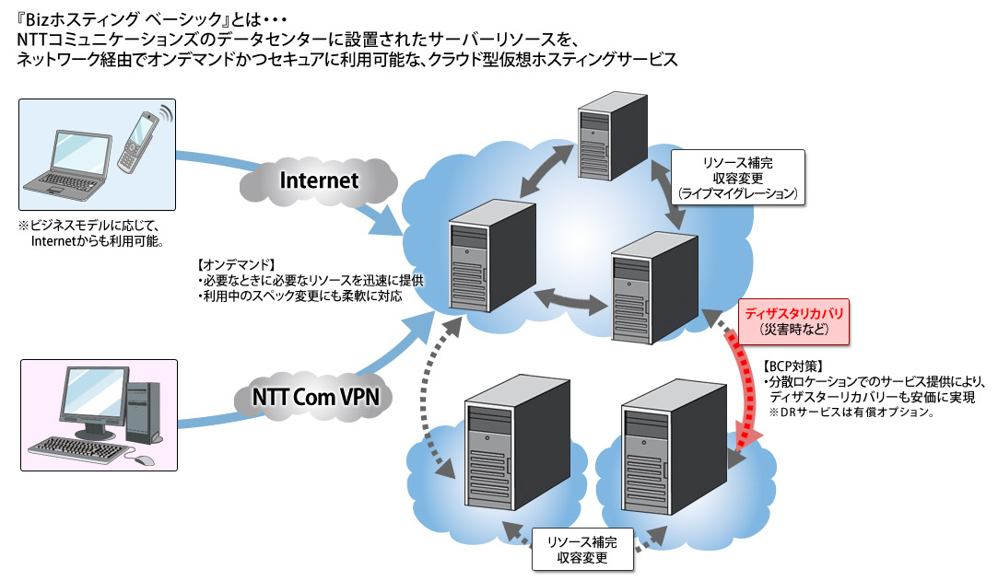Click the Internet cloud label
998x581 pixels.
(319, 180)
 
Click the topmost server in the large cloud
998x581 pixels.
(610, 139)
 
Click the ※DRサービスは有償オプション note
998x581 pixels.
(845, 413)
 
